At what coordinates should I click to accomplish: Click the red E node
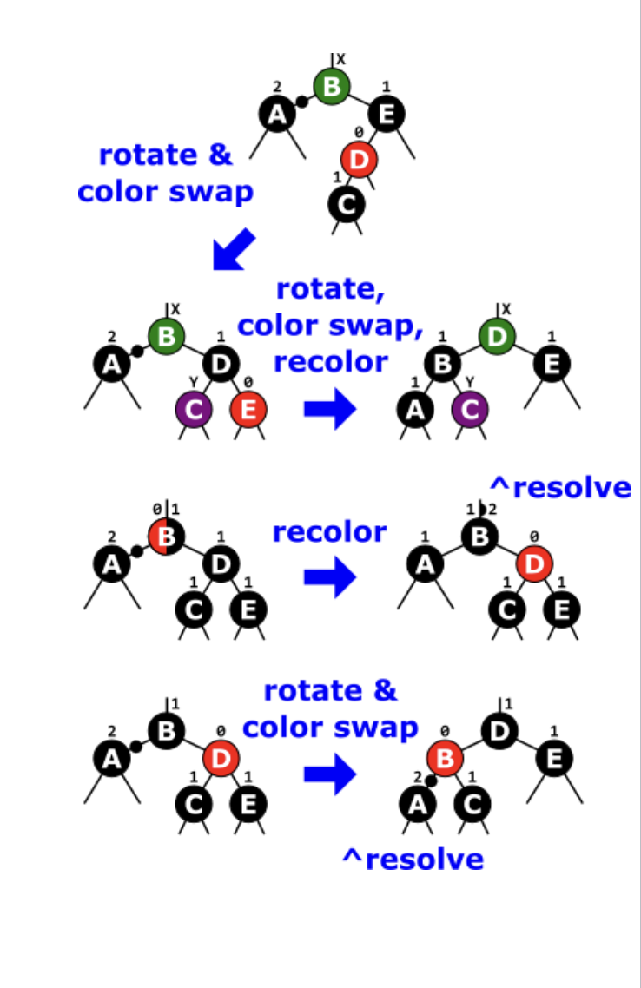pyautogui.click(x=248, y=410)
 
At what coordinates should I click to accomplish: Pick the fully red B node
pyautogui.click(x=445, y=759)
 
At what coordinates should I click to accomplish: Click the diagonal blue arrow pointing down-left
pyautogui.click(x=235, y=249)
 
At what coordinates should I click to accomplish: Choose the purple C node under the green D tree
pyautogui.click(x=471, y=410)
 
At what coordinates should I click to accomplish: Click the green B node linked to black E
pyautogui.click(x=331, y=88)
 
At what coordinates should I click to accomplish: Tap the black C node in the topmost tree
pyautogui.click(x=347, y=204)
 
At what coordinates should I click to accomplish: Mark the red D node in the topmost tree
pyautogui.click(x=360, y=159)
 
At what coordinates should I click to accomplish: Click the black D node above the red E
pyautogui.click(x=221, y=365)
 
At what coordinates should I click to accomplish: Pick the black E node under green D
pyautogui.click(x=552, y=365)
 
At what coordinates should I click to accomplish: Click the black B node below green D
pyautogui.click(x=443, y=365)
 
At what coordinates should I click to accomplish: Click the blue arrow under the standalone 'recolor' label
pyautogui.click(x=330, y=576)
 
